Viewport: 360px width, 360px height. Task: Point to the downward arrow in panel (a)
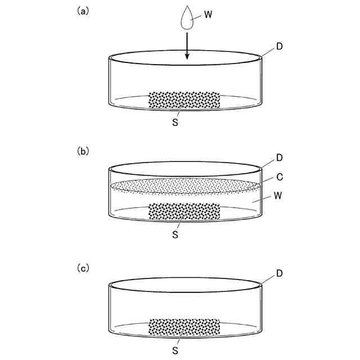pos(187,47)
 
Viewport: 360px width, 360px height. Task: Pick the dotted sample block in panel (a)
pos(184,101)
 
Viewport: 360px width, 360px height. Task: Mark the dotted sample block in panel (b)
pos(184,211)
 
